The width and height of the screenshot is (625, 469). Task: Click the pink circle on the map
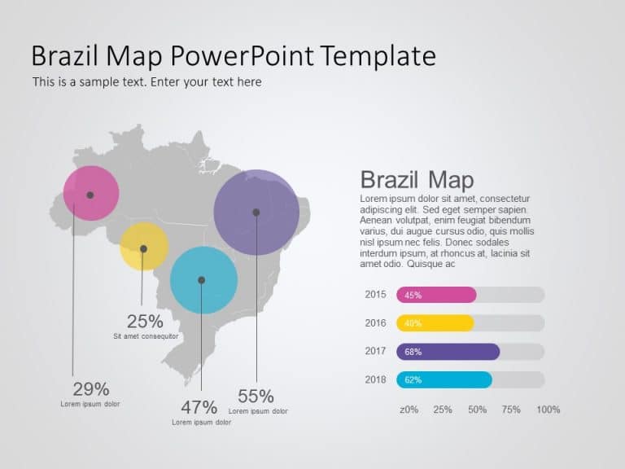point(91,193)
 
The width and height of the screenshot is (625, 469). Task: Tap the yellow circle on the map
point(144,247)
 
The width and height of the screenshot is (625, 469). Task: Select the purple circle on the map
point(256,212)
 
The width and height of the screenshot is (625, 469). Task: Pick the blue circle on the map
point(203,280)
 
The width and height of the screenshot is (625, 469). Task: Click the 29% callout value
point(90,389)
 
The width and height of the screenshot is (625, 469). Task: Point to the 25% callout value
point(145,322)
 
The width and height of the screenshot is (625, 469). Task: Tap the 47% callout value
point(199,407)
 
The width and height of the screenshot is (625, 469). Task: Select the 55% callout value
point(256,397)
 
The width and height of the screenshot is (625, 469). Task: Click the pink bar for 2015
point(436,295)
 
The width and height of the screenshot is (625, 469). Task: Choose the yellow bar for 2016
point(435,323)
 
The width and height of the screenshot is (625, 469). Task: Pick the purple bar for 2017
point(448,352)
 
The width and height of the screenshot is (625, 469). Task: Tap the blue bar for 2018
point(444,379)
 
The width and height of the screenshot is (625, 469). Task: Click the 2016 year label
point(375,323)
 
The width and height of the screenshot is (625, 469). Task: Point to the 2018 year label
point(375,379)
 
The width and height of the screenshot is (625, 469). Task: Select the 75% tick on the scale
point(511,410)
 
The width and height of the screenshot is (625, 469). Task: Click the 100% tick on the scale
point(549,410)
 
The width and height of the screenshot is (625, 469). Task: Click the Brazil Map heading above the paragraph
point(417,180)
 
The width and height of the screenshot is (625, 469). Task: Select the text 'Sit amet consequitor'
point(146,336)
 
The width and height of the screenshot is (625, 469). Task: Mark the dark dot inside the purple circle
point(256,213)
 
